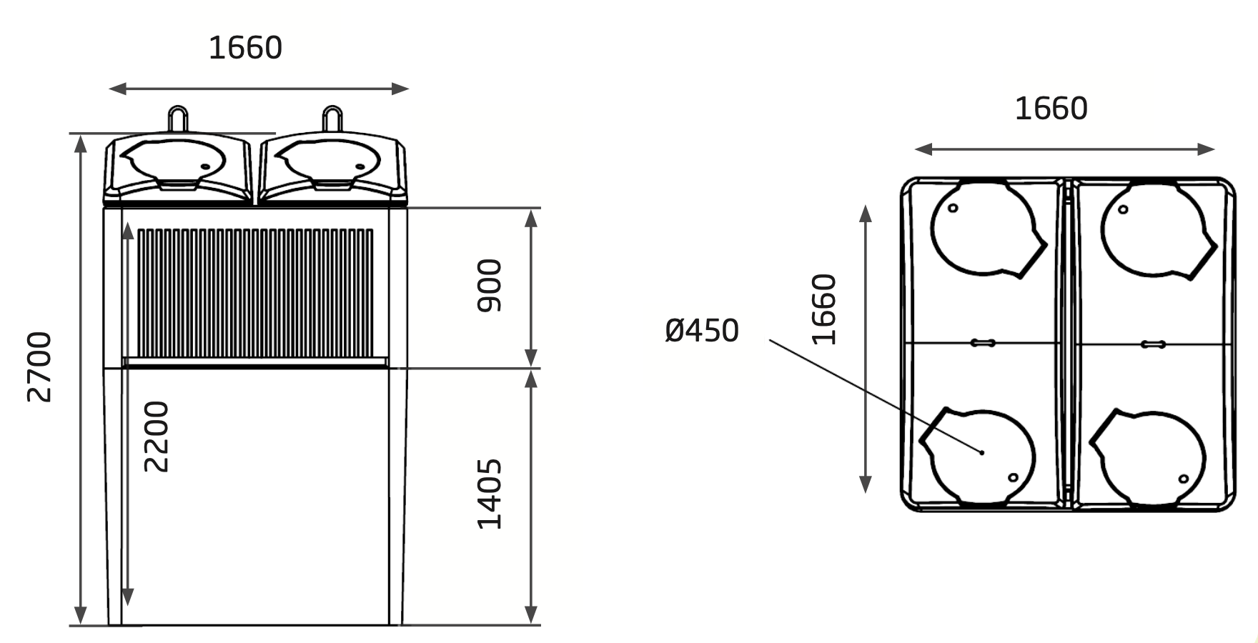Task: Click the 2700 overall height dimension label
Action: (x=39, y=367)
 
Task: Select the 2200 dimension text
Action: (x=157, y=436)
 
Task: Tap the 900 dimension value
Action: (x=490, y=286)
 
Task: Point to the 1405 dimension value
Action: (x=490, y=494)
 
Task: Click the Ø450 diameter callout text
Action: (x=701, y=331)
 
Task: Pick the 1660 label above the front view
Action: (x=245, y=48)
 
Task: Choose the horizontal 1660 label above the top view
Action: (x=1051, y=109)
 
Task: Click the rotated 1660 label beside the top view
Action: (x=824, y=309)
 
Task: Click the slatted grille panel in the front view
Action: (x=255, y=293)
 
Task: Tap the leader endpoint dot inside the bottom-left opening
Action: (x=982, y=452)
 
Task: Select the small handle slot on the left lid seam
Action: (x=983, y=344)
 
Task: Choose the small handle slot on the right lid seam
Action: (x=1153, y=344)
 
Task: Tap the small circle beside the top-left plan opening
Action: (x=953, y=209)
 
